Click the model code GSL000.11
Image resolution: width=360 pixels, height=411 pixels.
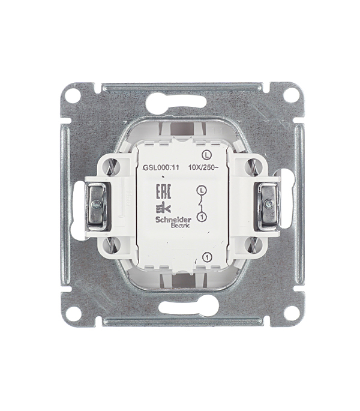coord(161,168)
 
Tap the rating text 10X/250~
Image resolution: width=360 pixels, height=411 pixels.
coord(203,168)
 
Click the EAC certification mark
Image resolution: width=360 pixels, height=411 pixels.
coord(163,191)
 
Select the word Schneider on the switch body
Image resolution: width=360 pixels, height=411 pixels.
coord(173,220)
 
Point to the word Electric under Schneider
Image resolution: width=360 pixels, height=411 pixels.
coord(181,225)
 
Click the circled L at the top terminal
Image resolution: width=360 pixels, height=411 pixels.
coord(206,155)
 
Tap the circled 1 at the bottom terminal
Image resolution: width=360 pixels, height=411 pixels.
coord(207,257)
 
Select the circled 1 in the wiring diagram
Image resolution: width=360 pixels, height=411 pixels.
coord(202,217)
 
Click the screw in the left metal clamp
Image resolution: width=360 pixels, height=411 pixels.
coord(97,204)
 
